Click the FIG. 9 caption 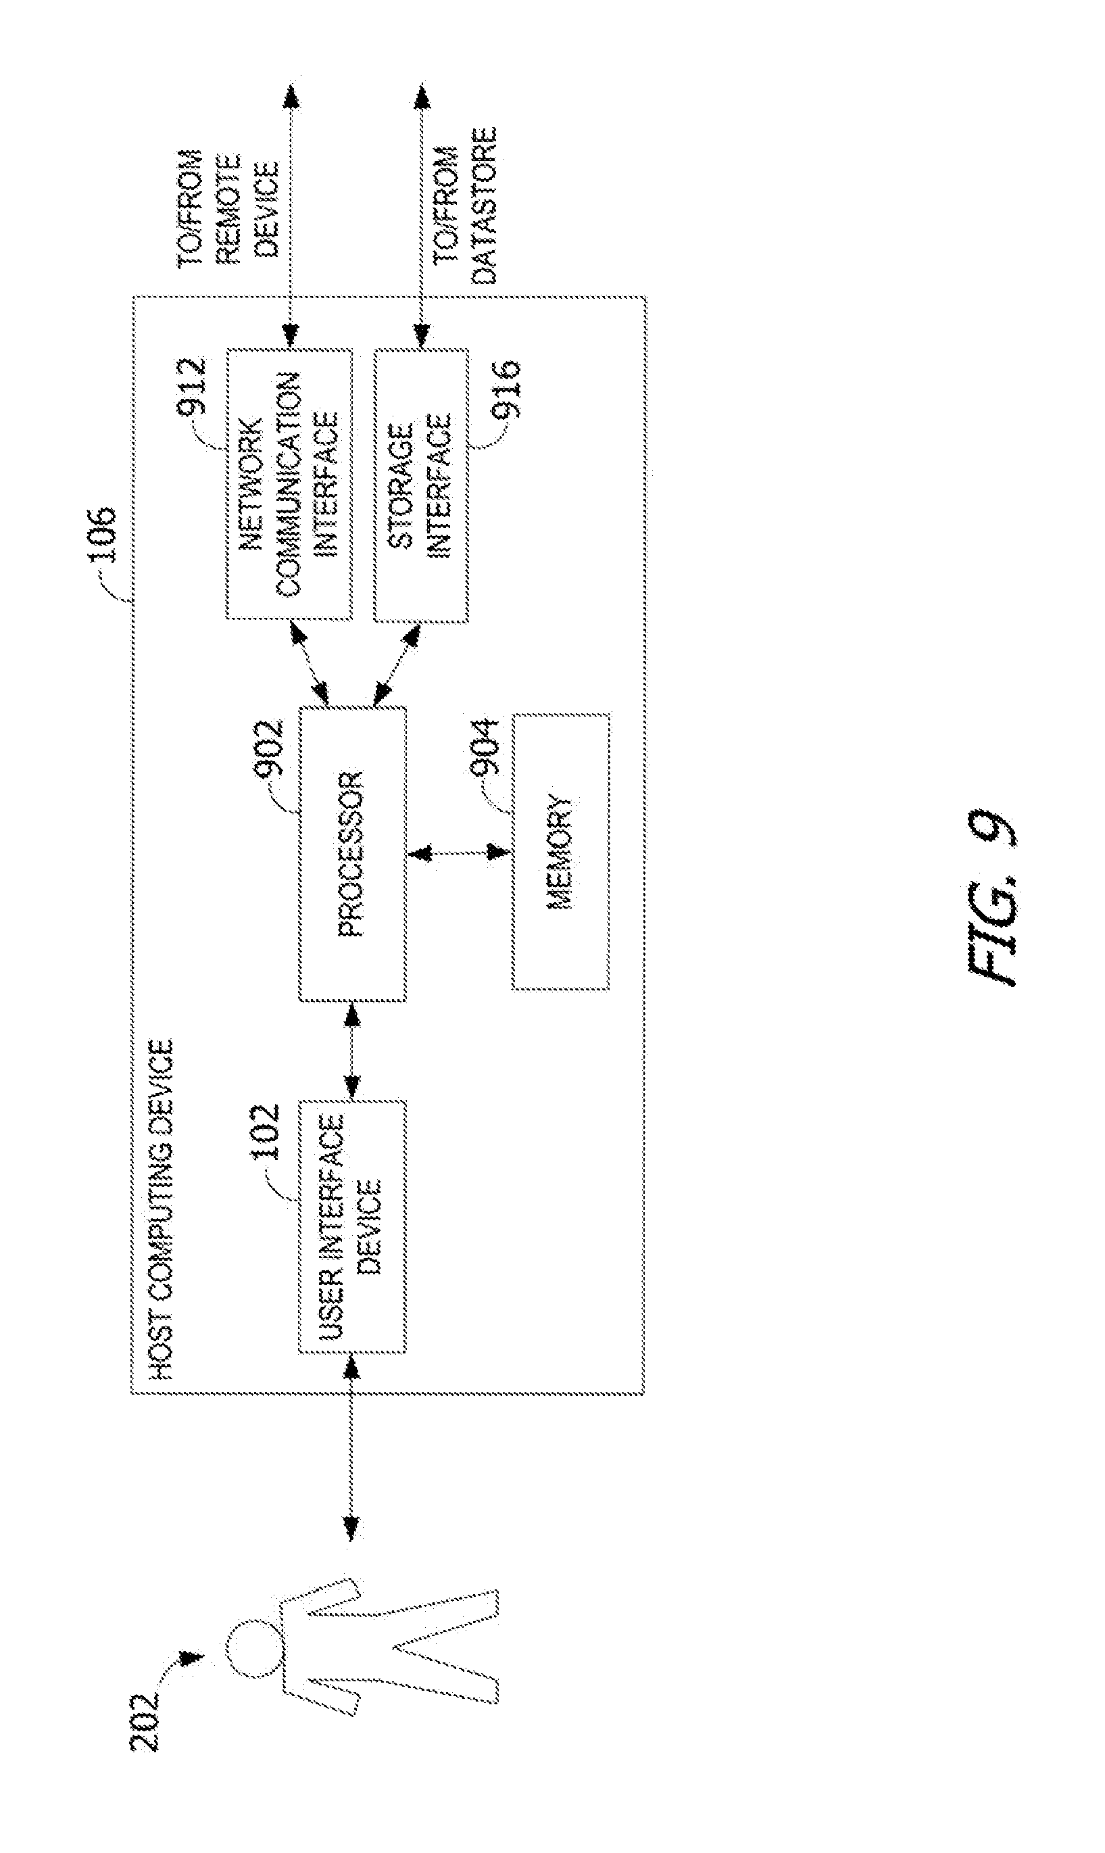coord(992,898)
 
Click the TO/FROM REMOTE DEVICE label coord(228,205)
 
